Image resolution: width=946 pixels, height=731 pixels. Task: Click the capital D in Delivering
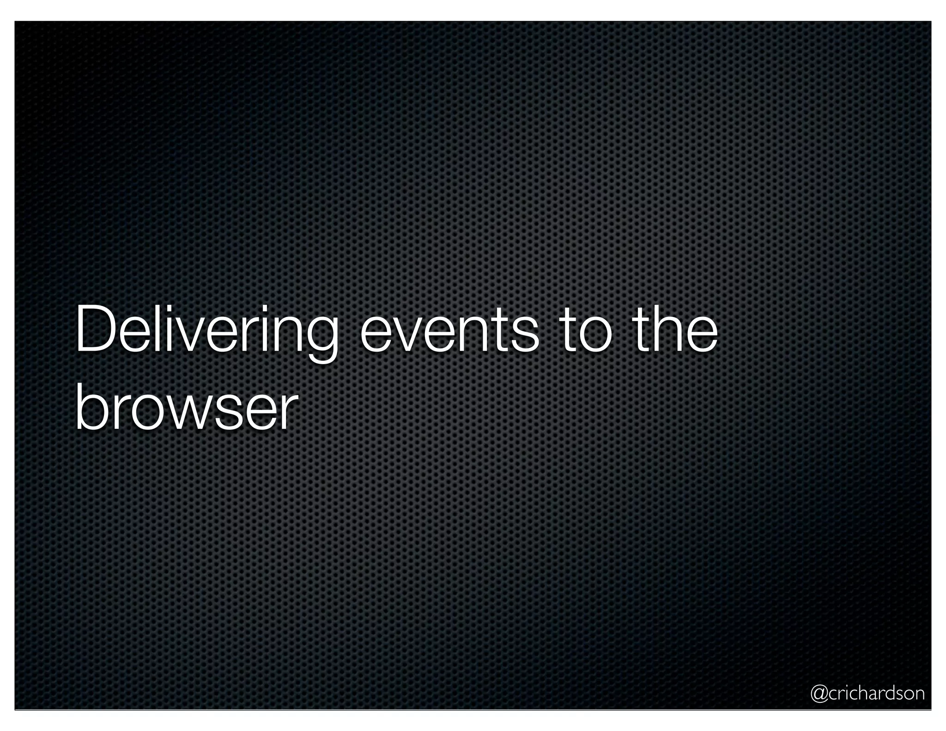pyautogui.click(x=95, y=329)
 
